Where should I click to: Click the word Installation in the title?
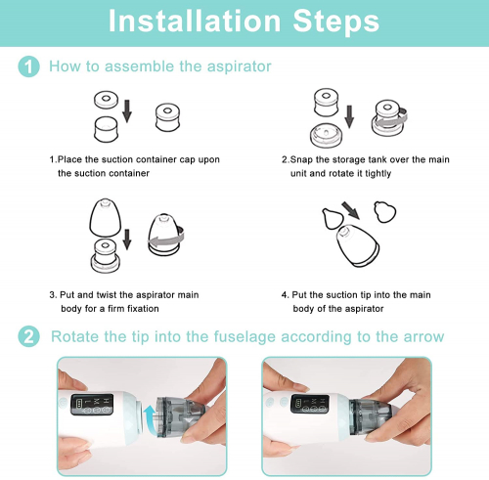(x=195, y=21)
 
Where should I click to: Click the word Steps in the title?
(x=336, y=22)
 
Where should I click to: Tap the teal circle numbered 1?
(x=28, y=66)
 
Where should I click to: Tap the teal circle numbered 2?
(x=28, y=336)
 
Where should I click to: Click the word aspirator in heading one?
(x=239, y=66)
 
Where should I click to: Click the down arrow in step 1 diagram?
(x=127, y=111)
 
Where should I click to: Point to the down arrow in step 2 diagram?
(x=349, y=116)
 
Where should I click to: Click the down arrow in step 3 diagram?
(x=127, y=240)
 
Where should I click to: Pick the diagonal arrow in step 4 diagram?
(x=350, y=210)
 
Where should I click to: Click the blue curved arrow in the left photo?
(x=150, y=415)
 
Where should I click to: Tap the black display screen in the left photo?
(x=92, y=405)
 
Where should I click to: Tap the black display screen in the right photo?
(x=309, y=405)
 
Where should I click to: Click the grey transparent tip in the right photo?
(x=370, y=416)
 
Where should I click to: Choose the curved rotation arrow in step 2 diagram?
(x=390, y=119)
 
